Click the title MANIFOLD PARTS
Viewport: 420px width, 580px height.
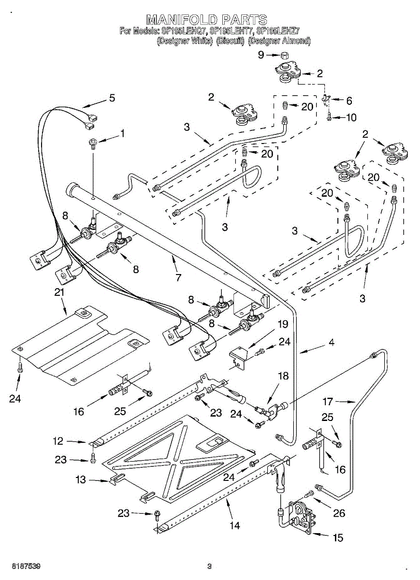point(207,20)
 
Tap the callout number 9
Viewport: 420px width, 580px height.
point(261,55)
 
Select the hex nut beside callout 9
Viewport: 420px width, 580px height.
point(285,55)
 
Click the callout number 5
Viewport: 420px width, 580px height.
point(112,98)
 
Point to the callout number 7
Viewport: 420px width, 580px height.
point(178,277)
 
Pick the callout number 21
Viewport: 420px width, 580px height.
point(59,292)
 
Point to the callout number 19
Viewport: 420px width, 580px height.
point(283,324)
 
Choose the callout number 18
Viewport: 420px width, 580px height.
point(284,376)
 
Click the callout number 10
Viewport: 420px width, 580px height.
point(351,117)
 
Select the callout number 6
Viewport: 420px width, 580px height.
point(349,101)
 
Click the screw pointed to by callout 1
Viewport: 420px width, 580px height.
point(93,143)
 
